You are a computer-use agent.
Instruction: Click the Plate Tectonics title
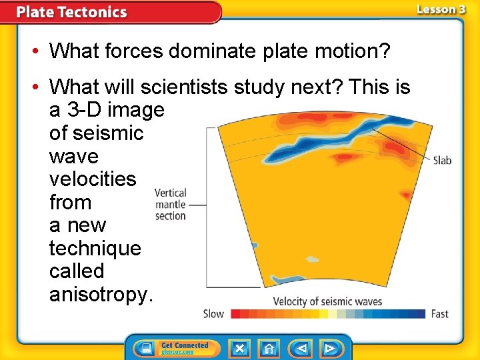(x=71, y=12)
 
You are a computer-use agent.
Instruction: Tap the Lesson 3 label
(x=441, y=9)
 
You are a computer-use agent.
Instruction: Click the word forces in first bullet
(x=131, y=51)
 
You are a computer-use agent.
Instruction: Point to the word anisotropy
(x=101, y=294)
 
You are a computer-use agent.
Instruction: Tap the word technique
(x=95, y=248)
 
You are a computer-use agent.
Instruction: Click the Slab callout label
(x=442, y=160)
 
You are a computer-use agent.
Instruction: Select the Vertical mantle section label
(x=170, y=204)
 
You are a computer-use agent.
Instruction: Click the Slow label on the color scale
(x=213, y=313)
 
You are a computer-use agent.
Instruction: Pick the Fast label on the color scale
(x=440, y=313)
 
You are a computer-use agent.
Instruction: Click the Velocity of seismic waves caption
(x=327, y=301)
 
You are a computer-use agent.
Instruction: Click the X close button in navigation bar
(x=239, y=348)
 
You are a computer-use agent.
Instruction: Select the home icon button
(x=269, y=348)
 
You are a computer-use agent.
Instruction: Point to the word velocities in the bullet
(x=93, y=179)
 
